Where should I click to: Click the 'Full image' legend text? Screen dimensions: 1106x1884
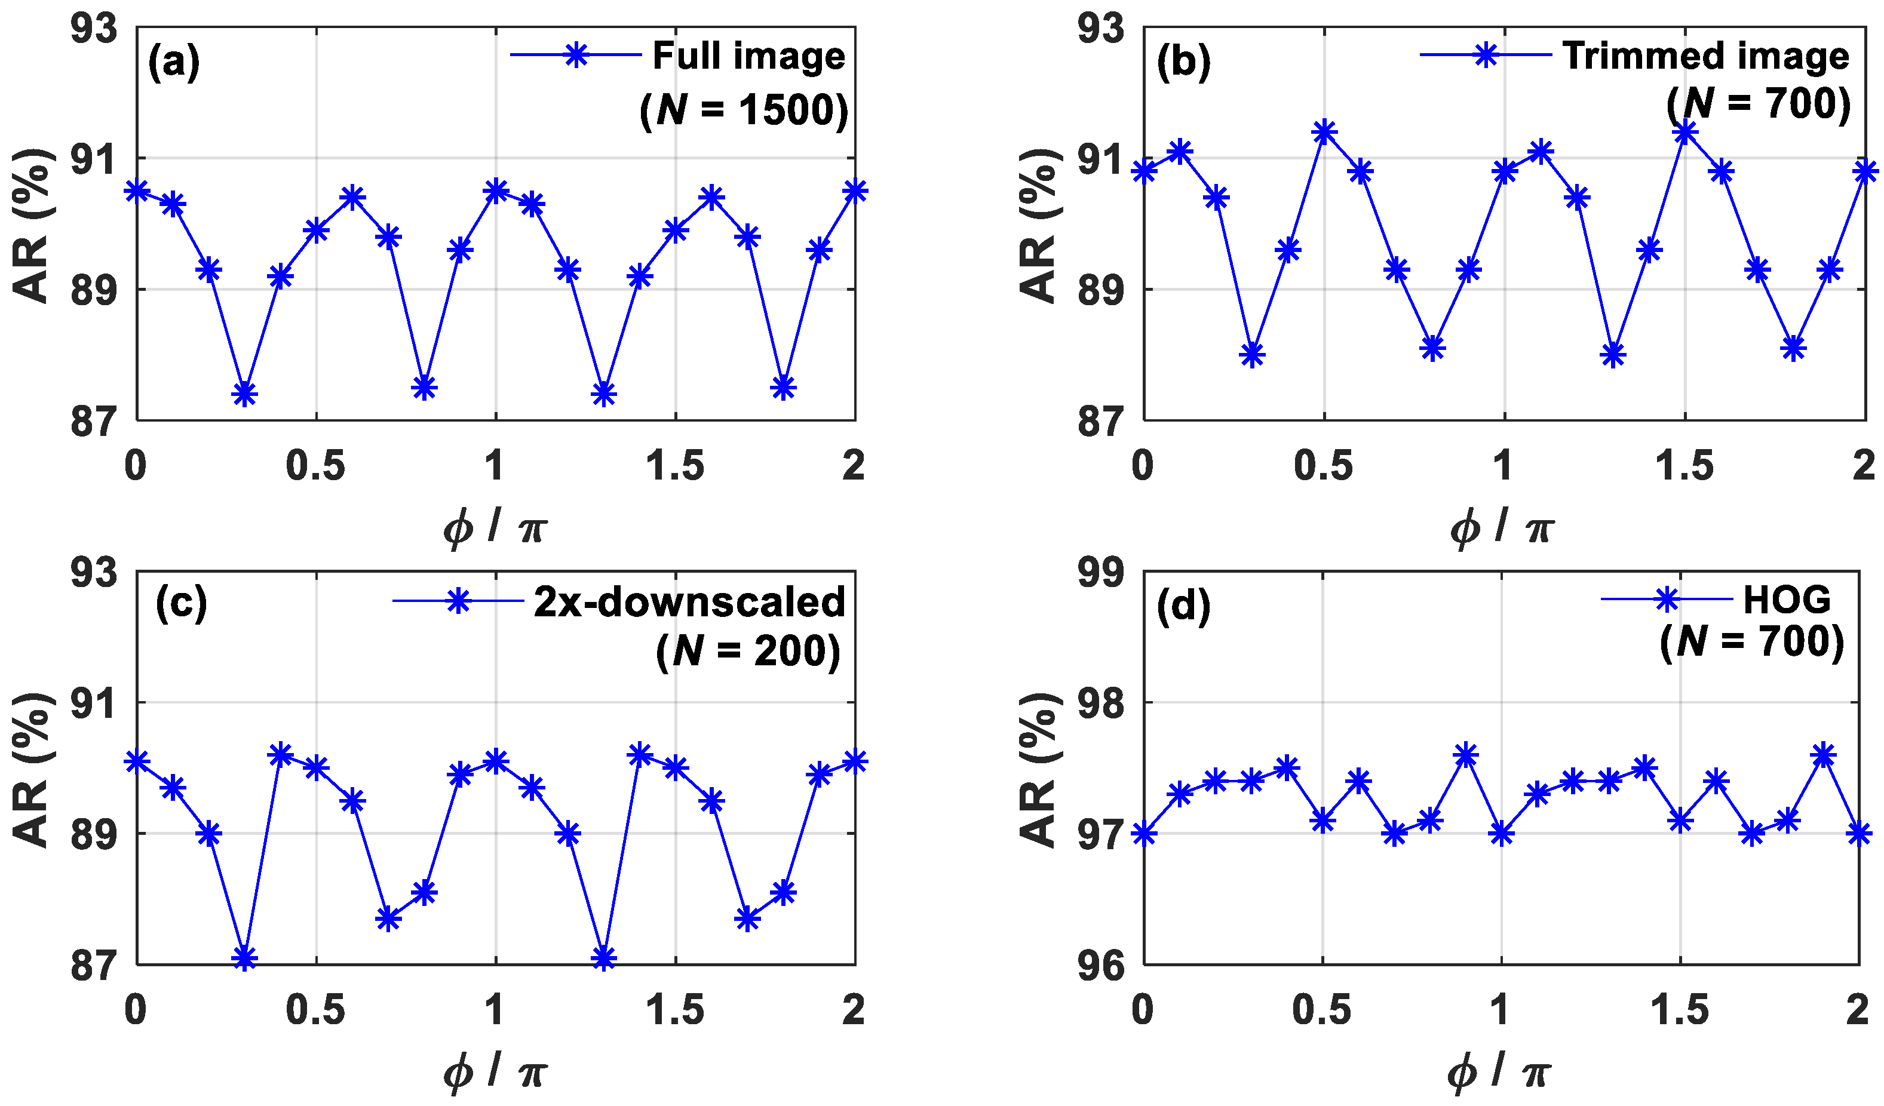(x=748, y=56)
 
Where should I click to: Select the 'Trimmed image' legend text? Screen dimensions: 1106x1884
(x=1705, y=56)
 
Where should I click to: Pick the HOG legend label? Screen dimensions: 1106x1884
(x=1787, y=600)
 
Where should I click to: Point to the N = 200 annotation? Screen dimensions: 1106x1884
(x=748, y=651)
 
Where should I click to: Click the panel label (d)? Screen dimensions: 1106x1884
(x=1183, y=606)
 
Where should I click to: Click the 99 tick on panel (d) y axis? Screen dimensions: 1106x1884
(x=1100, y=573)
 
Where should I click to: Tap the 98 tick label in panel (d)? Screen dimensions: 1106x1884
(x=1100, y=704)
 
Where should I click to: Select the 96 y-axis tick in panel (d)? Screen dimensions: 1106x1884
(x=1100, y=966)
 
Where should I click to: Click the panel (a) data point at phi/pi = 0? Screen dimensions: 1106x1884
(x=137, y=191)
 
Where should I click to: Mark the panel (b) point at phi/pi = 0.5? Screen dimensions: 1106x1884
(x=1324, y=132)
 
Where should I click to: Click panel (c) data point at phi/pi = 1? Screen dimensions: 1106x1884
(x=496, y=761)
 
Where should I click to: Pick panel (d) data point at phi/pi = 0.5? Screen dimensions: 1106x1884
(x=1323, y=821)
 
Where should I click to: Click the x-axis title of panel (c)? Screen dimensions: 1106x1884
(x=496, y=1073)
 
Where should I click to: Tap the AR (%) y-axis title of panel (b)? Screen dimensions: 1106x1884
(x=1039, y=224)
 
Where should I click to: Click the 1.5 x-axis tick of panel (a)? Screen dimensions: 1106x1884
(x=675, y=466)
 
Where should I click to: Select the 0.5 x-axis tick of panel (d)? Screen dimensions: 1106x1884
(x=1322, y=1010)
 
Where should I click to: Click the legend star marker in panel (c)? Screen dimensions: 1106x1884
(x=458, y=601)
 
